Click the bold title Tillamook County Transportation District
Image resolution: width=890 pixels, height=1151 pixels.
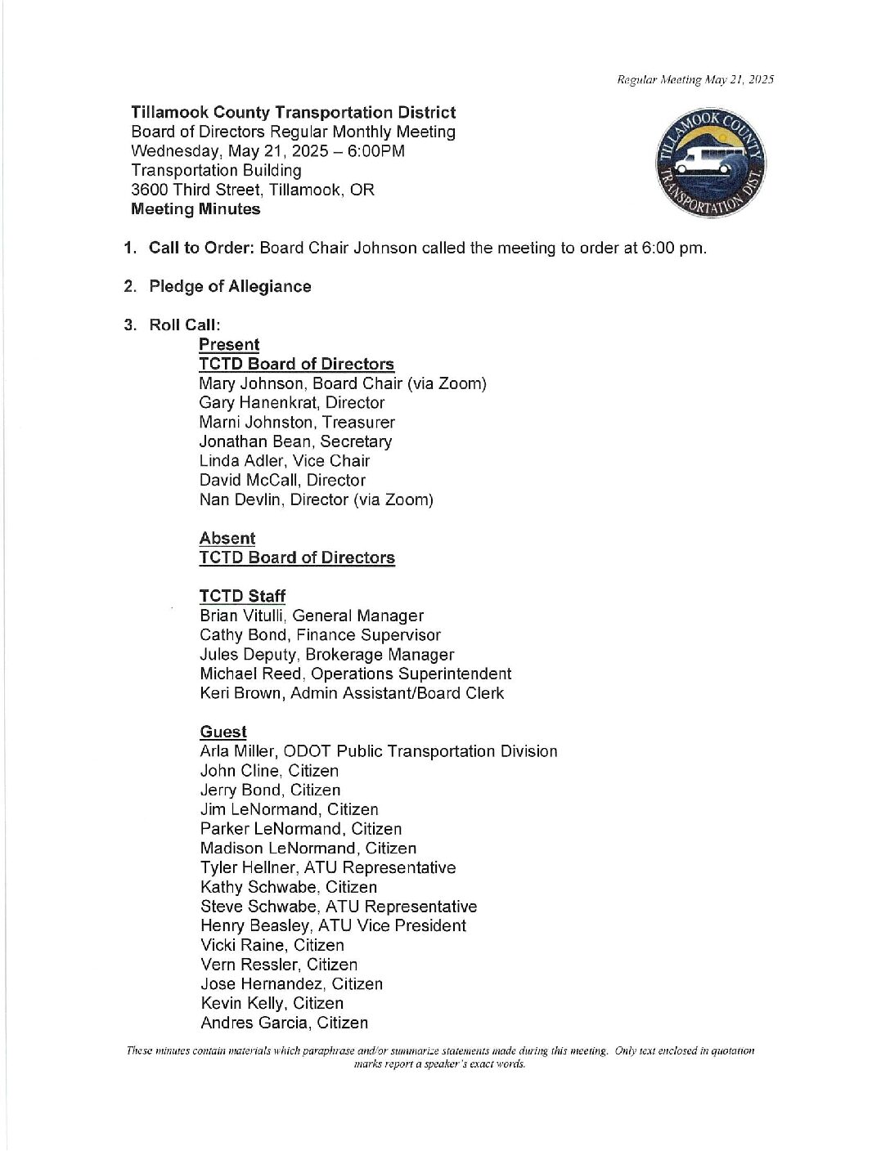293,113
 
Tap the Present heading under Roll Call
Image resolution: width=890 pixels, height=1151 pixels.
229,344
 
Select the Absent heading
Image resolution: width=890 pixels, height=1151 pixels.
227,538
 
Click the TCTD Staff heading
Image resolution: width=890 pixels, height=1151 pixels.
242,596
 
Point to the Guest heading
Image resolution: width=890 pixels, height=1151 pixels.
223,732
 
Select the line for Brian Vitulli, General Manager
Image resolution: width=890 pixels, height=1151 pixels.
312,616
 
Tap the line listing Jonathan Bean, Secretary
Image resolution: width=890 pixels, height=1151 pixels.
295,441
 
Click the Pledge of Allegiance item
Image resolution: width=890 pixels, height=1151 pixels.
230,286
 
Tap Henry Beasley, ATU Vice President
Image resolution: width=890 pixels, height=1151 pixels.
333,925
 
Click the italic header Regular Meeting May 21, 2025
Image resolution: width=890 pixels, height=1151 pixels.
695,79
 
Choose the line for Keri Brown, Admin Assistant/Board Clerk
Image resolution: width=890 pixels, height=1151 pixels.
352,693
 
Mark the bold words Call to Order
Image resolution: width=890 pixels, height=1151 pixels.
201,248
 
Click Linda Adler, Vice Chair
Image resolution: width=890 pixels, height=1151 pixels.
284,461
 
